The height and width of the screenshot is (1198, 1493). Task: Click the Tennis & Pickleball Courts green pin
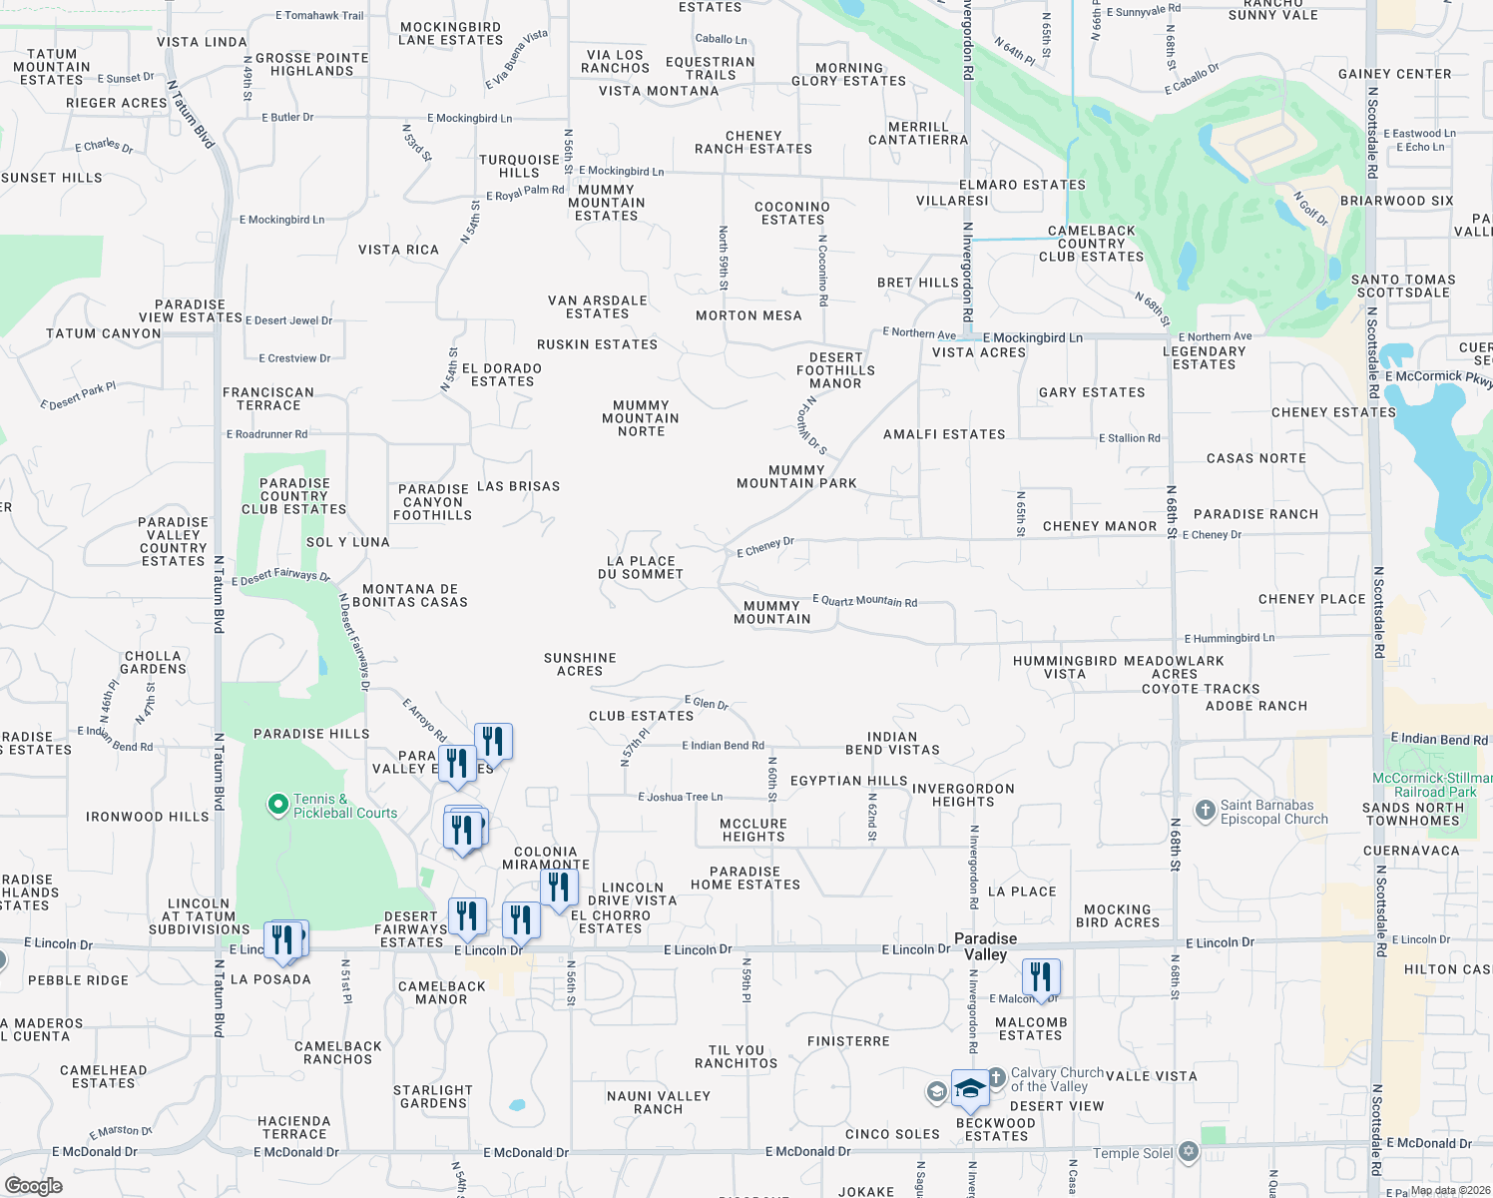(x=277, y=805)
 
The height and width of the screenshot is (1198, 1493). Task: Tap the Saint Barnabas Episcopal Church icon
(x=1206, y=810)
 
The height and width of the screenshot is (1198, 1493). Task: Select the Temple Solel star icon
(x=1188, y=1152)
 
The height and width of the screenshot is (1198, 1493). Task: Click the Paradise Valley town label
(x=985, y=946)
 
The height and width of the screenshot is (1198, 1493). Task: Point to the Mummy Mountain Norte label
(x=641, y=418)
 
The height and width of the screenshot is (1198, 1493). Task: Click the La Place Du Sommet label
(x=641, y=567)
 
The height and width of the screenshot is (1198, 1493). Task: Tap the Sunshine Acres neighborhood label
(x=580, y=664)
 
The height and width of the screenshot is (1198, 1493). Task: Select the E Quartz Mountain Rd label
(x=864, y=600)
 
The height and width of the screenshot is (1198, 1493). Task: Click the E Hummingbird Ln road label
(x=1229, y=638)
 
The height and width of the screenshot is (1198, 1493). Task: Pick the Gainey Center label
(x=1394, y=74)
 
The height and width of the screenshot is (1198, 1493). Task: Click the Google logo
(x=34, y=1185)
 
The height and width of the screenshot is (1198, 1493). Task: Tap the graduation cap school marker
(x=969, y=1088)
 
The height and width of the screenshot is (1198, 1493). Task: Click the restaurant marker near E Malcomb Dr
(x=1041, y=977)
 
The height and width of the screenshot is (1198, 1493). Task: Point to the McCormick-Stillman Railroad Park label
(x=1432, y=785)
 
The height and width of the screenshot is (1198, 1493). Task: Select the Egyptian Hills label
(x=848, y=781)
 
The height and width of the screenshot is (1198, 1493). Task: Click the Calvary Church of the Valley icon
(x=996, y=1078)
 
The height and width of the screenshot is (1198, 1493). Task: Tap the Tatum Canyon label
(x=104, y=333)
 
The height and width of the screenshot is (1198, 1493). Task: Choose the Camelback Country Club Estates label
(x=1091, y=244)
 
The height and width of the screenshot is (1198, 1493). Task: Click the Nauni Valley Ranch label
(x=659, y=1102)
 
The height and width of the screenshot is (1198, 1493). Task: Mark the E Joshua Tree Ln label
(x=680, y=797)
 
